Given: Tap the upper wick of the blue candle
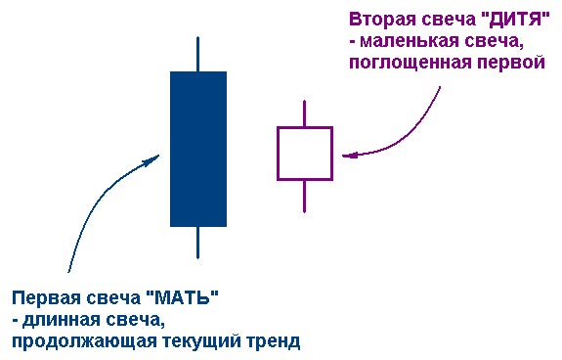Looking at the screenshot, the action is coord(198,54).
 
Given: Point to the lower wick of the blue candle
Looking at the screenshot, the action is coord(198,242).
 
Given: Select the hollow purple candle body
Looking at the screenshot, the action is coord(305,153).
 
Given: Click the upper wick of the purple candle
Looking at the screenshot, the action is coord(305,113).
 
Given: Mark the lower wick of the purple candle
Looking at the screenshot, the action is coord(305,196).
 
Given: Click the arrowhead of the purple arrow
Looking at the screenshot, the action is coord(348,155).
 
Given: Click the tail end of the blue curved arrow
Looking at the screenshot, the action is coord(68,271).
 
